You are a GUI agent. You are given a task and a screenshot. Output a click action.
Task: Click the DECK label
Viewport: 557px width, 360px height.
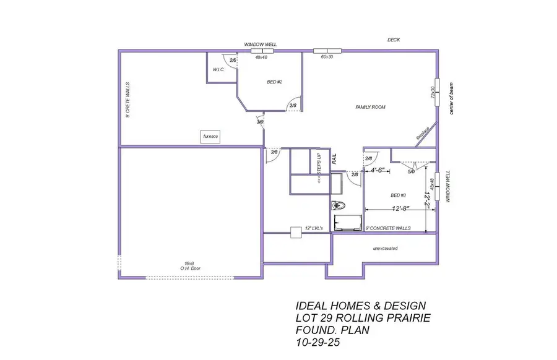pyautogui.click(x=394, y=40)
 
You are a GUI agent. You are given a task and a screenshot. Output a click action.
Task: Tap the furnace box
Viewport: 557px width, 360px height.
pyautogui.click(x=210, y=135)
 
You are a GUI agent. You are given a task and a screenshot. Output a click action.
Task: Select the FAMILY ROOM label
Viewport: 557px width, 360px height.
pyautogui.click(x=370, y=107)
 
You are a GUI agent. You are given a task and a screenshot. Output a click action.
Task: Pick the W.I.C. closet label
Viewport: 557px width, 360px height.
pyautogui.click(x=218, y=70)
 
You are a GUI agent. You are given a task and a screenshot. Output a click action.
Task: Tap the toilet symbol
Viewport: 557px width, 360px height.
pyautogui.click(x=339, y=205)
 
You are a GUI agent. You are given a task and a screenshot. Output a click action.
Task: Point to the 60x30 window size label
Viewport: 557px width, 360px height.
pyautogui.click(x=327, y=57)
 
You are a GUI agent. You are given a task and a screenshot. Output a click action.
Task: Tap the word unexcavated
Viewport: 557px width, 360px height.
pyautogui.click(x=385, y=248)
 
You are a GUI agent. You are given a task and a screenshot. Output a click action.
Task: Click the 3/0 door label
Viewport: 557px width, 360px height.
pyautogui.click(x=260, y=122)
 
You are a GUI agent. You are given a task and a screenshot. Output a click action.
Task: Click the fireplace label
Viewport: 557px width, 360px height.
pyautogui.click(x=423, y=133)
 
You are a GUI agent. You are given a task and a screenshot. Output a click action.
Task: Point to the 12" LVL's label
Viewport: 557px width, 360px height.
pyautogui.click(x=314, y=228)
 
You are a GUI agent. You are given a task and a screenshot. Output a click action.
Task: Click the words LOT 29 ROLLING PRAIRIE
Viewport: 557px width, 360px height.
pyautogui.click(x=363, y=317)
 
